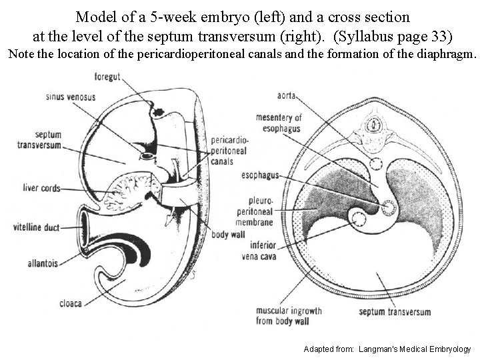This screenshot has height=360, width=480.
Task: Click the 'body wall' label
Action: (228, 235)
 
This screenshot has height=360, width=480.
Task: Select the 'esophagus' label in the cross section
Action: (261, 177)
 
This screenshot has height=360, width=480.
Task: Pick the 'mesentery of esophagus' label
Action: (279, 123)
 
